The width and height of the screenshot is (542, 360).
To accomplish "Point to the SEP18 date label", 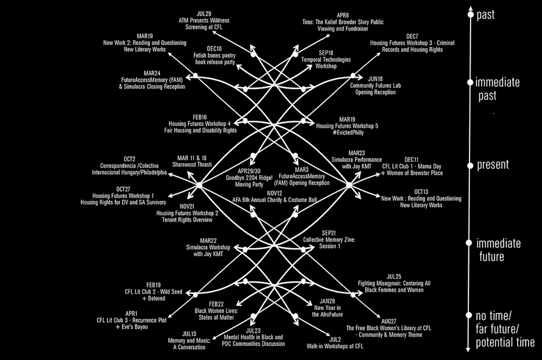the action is [326, 53].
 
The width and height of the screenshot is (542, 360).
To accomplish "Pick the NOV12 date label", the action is [274, 193].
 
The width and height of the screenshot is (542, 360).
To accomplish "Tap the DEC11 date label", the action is [411, 159].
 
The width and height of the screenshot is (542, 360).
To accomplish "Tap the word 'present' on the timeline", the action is [493, 165].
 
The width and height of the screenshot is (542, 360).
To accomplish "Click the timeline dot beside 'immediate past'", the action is [470, 82].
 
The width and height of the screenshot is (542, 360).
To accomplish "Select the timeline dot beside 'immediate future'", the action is [470, 243].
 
